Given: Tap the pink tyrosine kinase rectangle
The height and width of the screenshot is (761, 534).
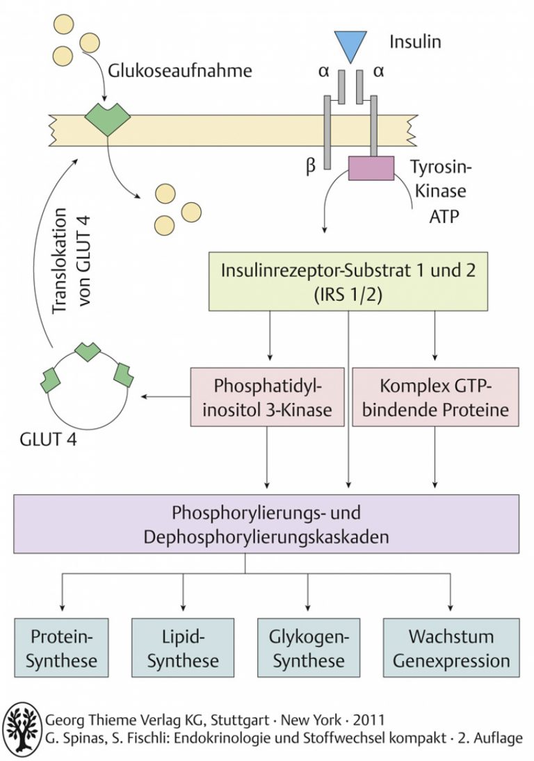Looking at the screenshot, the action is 371,168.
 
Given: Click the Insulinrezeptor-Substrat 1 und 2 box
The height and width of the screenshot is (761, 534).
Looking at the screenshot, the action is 348,281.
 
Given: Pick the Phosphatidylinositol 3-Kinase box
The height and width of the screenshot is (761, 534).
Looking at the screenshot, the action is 268,397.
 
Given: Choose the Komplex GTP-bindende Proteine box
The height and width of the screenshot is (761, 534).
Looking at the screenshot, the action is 435,397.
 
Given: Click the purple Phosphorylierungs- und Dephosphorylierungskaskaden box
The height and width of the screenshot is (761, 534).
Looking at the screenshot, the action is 266,524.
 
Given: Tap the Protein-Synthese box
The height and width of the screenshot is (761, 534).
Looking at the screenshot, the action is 61,648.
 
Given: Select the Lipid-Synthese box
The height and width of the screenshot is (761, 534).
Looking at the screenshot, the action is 183,648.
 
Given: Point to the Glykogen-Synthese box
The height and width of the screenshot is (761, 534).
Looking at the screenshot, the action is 309,648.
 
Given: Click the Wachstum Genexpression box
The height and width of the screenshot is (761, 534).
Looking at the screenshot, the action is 451,648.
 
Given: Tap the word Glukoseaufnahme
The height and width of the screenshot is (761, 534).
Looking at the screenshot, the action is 180,71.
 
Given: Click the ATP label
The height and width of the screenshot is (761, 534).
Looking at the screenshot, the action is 444,215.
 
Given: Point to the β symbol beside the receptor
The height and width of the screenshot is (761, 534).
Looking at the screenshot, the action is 311,167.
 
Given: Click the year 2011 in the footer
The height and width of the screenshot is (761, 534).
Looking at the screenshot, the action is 369,720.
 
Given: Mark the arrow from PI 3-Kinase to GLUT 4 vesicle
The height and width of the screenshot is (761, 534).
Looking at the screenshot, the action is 166,397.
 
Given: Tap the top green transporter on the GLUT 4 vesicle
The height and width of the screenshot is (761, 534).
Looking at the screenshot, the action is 88,350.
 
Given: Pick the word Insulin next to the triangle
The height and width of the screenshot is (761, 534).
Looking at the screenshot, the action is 415,42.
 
